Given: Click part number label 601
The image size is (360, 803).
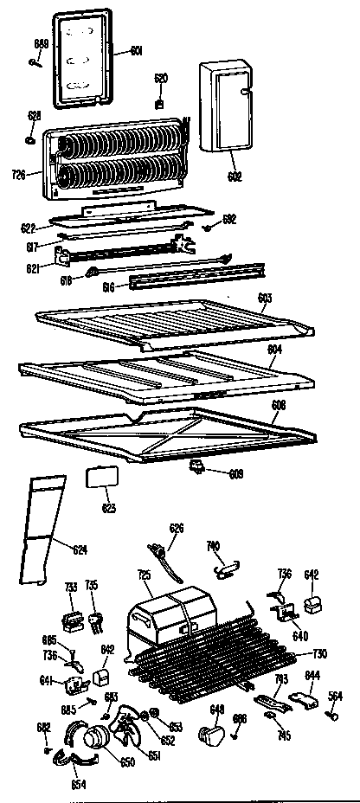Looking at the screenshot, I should [x=136, y=49].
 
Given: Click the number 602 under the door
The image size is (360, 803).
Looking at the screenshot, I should [x=234, y=177].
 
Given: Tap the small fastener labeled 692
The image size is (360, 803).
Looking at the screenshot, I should [x=210, y=228].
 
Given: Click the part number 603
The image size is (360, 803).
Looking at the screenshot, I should [x=266, y=298].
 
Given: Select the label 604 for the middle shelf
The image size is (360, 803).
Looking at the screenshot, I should [x=274, y=350].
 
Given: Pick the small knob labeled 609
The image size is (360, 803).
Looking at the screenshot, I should [x=198, y=468].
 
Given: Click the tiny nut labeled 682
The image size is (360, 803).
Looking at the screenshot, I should [x=46, y=750].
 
